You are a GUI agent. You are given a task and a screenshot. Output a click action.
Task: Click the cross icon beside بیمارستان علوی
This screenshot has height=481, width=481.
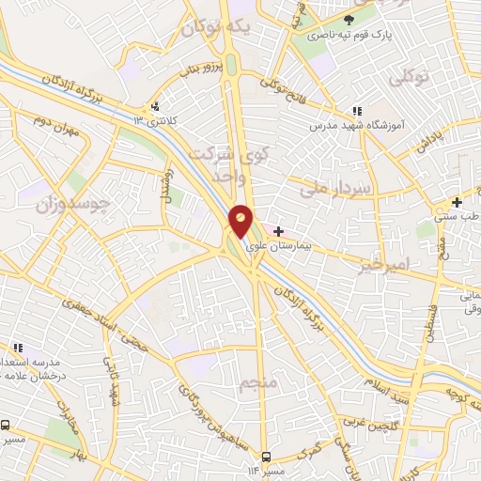[279, 230]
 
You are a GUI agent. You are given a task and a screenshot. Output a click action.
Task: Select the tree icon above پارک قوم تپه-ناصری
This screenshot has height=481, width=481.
[349, 19]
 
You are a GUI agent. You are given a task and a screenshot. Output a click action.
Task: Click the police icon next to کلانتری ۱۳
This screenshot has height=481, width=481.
[156, 106]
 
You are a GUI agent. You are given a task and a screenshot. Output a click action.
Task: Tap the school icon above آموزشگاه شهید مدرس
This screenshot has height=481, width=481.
[355, 112]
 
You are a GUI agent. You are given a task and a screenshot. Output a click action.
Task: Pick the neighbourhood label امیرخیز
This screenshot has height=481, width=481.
[383, 265]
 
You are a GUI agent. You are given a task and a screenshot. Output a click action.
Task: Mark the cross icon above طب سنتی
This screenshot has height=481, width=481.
[458, 202]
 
